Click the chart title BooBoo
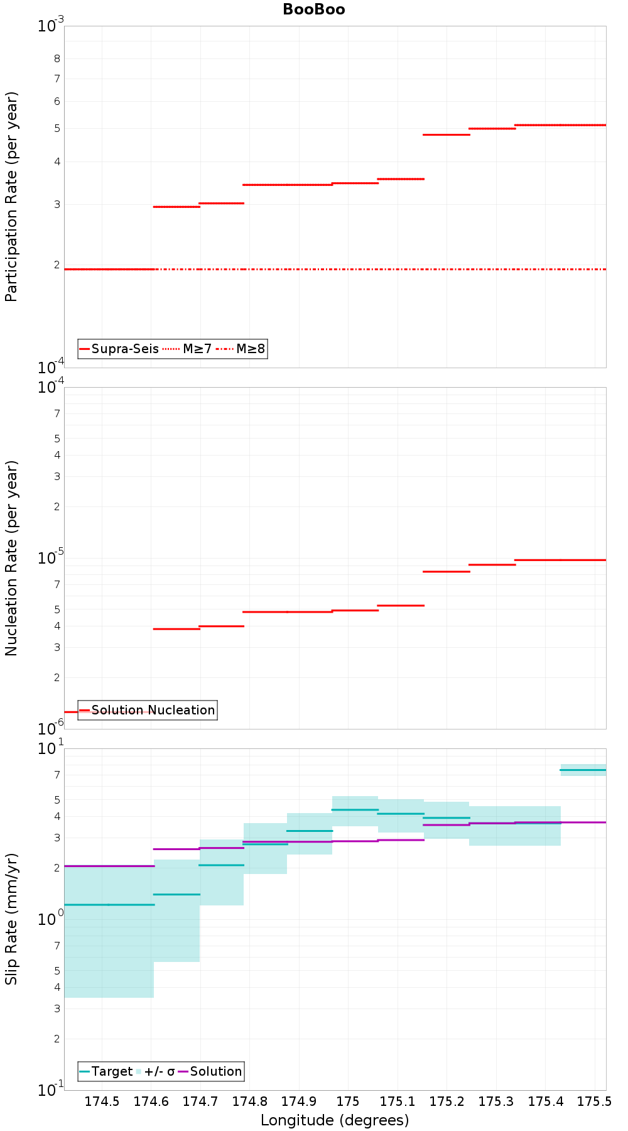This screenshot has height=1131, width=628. point(313,9)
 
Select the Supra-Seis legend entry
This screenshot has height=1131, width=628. point(118,349)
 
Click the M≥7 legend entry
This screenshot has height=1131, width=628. point(187,349)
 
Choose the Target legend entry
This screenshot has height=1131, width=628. point(106,1071)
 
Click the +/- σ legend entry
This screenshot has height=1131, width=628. point(156,1071)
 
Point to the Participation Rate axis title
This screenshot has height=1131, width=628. point(11,197)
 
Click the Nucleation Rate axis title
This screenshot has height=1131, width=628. point(11,558)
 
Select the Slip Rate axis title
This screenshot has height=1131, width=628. point(11,919)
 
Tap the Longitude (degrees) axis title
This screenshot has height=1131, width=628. point(335,1120)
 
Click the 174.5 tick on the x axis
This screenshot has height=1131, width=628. point(102,1101)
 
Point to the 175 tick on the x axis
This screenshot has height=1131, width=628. point(348,1101)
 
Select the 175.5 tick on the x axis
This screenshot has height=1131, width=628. point(594,1101)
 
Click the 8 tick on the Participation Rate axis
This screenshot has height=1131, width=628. point(57,58)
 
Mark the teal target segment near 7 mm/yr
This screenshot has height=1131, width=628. point(583,770)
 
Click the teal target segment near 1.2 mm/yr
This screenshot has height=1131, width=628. point(109,905)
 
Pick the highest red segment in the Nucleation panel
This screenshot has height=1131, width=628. point(560,560)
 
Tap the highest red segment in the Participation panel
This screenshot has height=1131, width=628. point(560,125)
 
